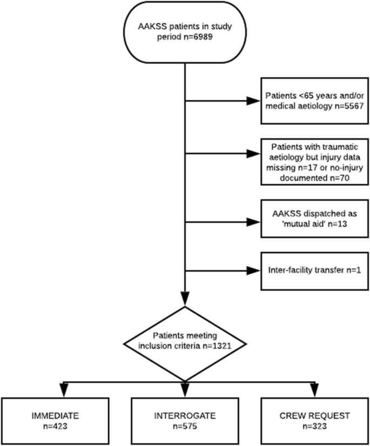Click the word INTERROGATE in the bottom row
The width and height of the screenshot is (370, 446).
pyautogui.click(x=185, y=417)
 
